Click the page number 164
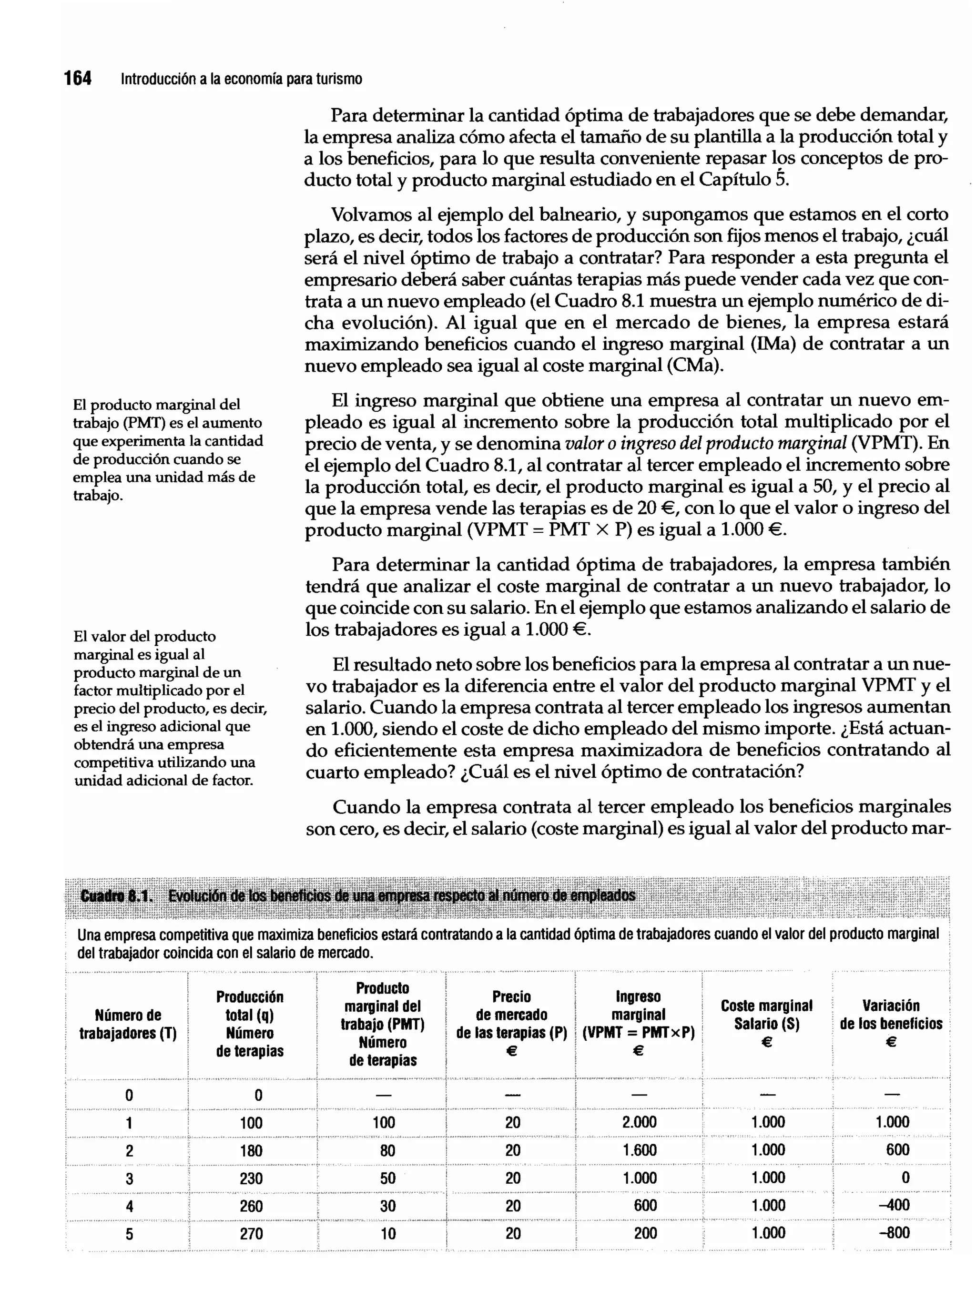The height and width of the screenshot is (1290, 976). pyautogui.click(x=78, y=78)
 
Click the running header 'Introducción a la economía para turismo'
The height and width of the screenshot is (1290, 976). pyautogui.click(x=241, y=79)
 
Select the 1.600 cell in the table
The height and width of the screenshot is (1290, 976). pyautogui.click(x=639, y=1150)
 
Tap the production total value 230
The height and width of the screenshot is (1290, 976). pyautogui.click(x=251, y=1178)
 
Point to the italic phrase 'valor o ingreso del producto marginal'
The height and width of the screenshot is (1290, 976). pyautogui.click(x=705, y=444)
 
